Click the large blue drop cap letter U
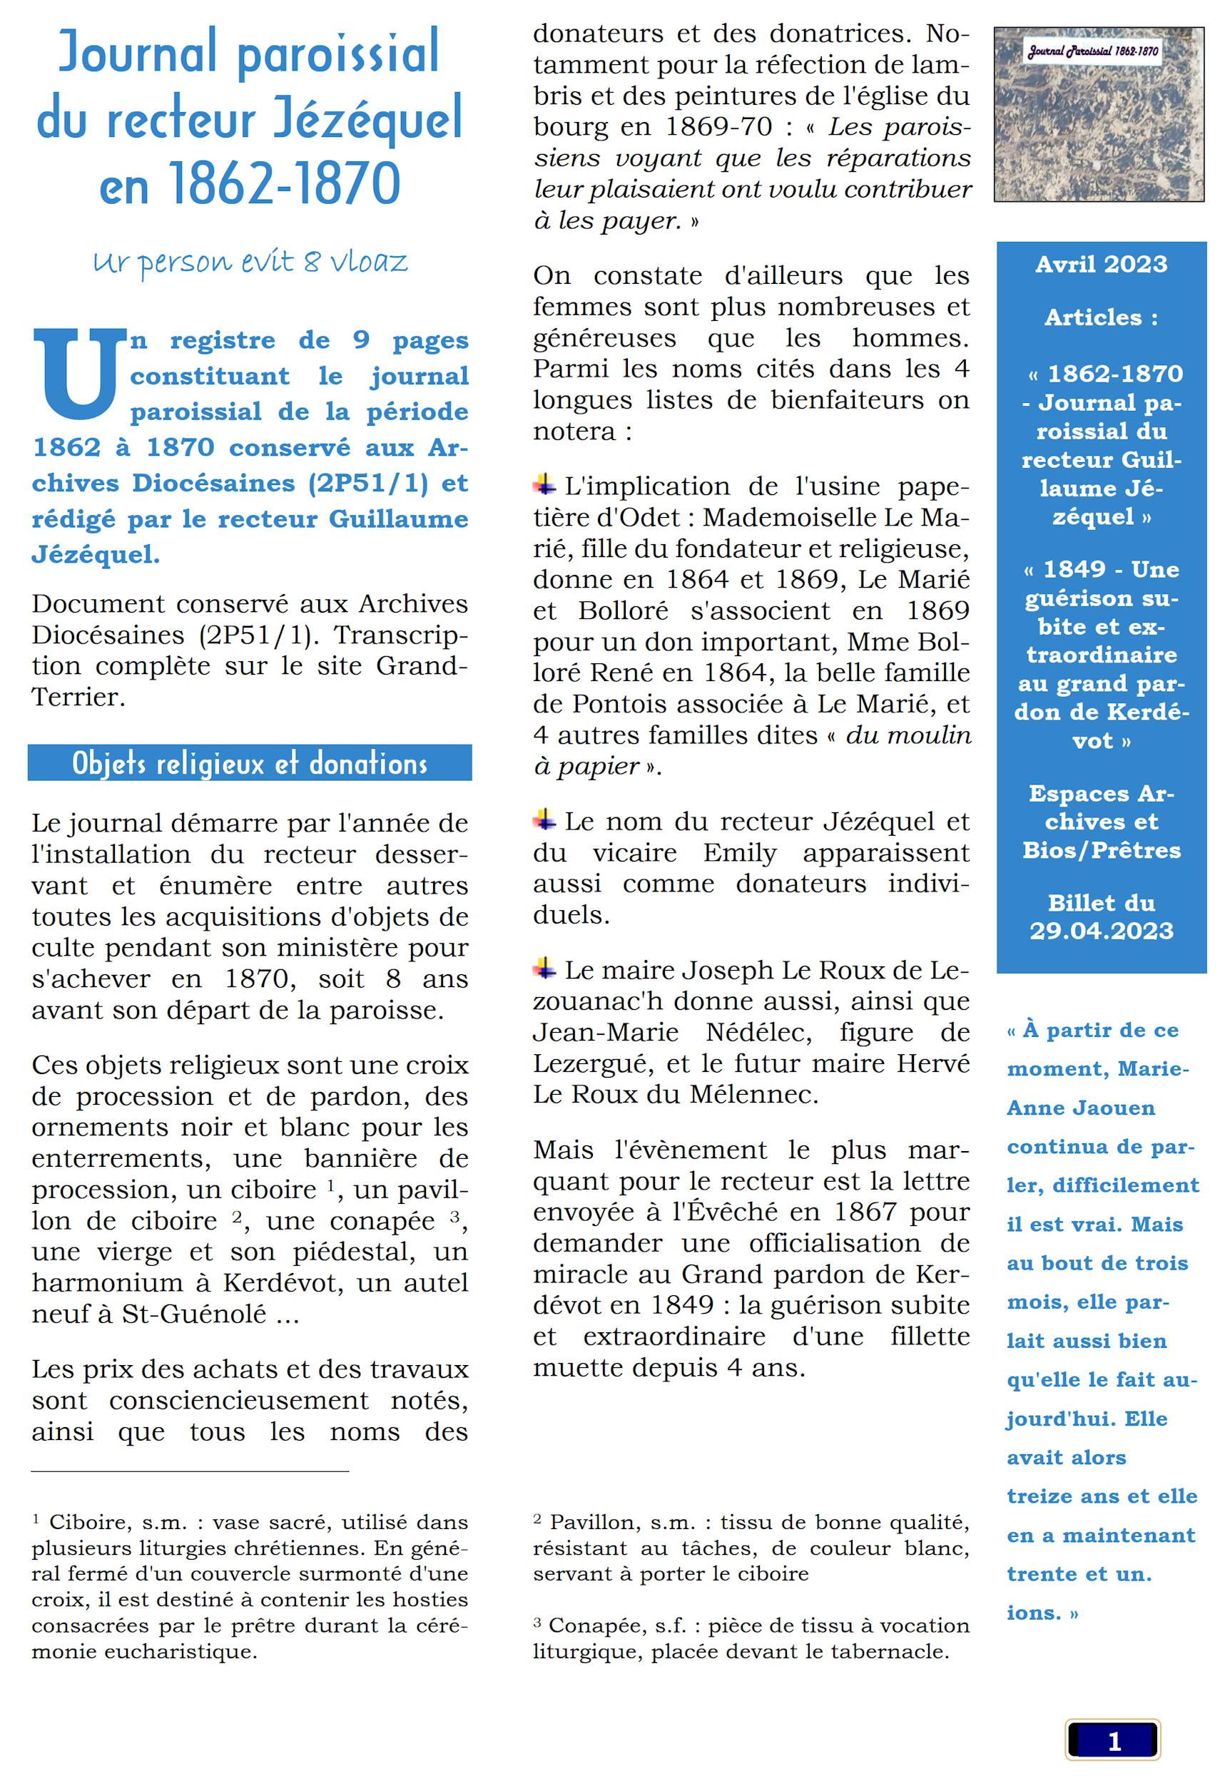click(x=79, y=374)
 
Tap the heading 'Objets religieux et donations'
click(x=250, y=762)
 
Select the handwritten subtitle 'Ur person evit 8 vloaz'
click(x=250, y=262)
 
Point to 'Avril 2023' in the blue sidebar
click(x=1101, y=265)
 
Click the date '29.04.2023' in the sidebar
click(x=1101, y=931)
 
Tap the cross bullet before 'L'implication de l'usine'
click(x=544, y=484)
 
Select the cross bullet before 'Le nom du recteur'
click(x=544, y=820)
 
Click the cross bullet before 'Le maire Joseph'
click(x=544, y=969)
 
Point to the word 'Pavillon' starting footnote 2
click(x=596, y=1522)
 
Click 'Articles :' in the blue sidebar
click(x=1101, y=317)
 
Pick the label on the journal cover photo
click(x=1092, y=51)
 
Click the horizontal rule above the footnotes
click(x=190, y=1471)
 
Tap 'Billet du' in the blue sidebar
click(x=1101, y=903)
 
